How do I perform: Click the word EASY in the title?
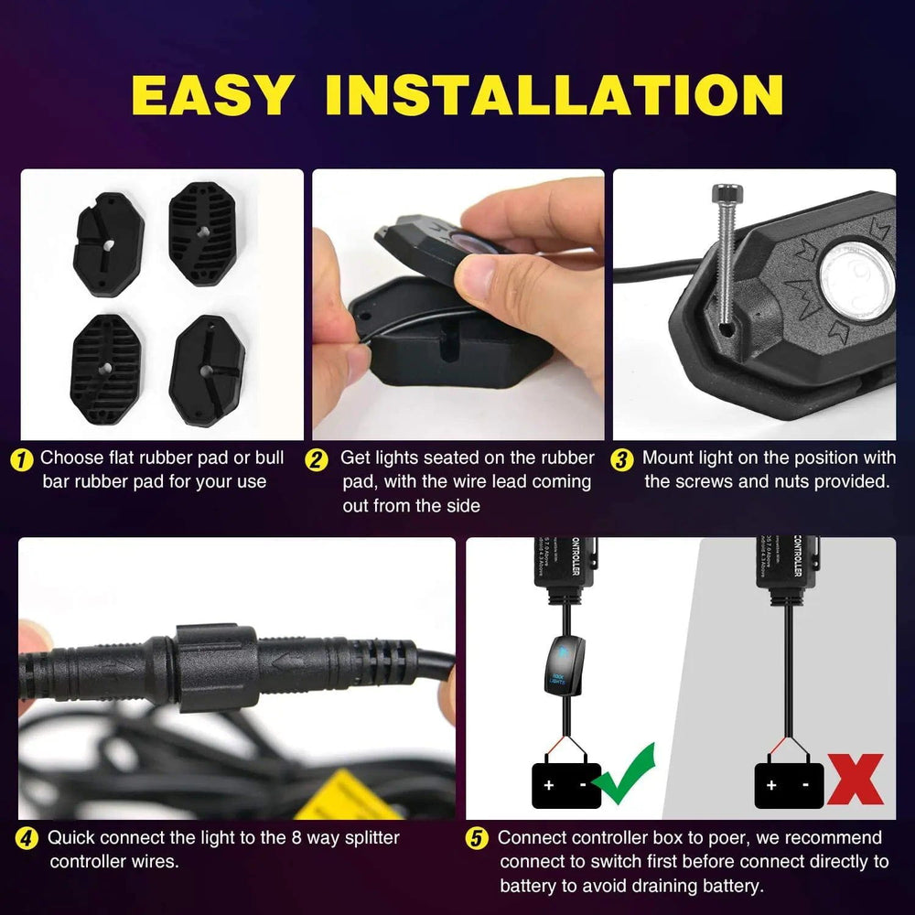coord(212,94)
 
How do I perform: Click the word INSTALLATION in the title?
coord(554,94)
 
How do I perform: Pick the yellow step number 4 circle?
coord(28,838)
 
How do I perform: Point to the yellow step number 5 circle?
coord(477,839)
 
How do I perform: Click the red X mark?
coord(855,779)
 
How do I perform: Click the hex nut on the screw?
coord(727,195)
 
